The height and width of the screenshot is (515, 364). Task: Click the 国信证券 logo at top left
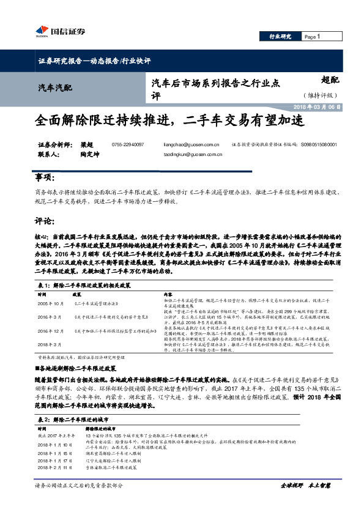[x=59, y=32]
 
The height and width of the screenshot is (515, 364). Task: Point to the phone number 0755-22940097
[x=128, y=144]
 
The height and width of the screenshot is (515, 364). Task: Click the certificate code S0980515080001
[x=318, y=144]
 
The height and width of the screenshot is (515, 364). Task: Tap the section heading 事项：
[x=44, y=177]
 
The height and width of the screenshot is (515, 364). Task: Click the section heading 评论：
[x=44, y=220]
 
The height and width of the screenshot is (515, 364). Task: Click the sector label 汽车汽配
[x=54, y=89]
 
